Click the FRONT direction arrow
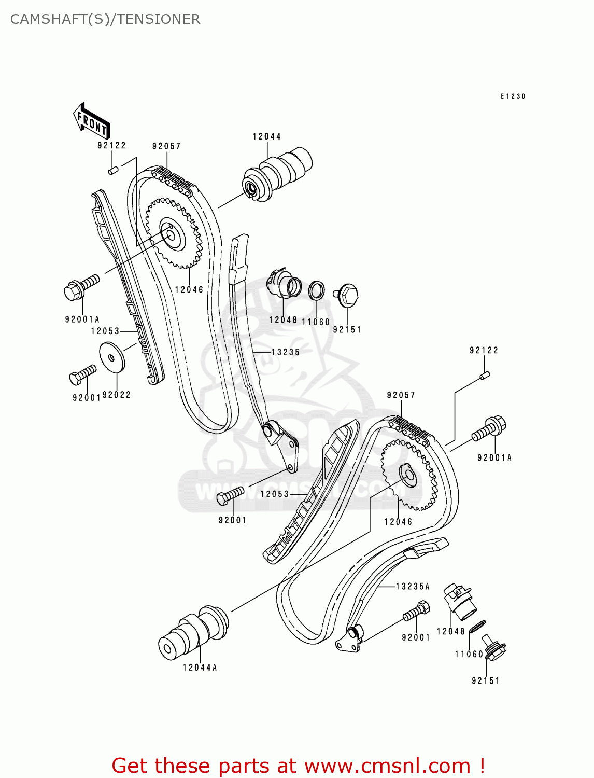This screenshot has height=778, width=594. click(x=91, y=120)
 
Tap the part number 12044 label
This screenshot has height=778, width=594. click(x=267, y=136)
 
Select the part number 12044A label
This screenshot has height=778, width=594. click(x=200, y=668)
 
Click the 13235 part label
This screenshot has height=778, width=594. click(x=286, y=352)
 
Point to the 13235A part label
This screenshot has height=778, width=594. click(x=413, y=587)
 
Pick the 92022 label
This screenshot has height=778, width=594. click(x=117, y=395)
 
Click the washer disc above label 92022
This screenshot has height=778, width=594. click(x=112, y=357)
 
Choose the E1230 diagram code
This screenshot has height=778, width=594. click(x=513, y=96)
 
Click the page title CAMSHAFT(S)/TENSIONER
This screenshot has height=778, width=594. click(x=105, y=19)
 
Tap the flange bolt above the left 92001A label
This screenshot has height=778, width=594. click(x=80, y=288)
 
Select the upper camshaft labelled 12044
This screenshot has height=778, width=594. click(x=278, y=174)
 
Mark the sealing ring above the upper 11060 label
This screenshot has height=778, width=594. click(x=317, y=290)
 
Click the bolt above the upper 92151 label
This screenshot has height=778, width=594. click(x=348, y=295)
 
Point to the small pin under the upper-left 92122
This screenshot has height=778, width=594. click(x=114, y=169)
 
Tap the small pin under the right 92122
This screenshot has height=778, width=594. click(x=485, y=375)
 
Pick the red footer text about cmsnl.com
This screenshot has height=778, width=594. click(x=299, y=766)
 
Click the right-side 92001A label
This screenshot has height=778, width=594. click(x=494, y=457)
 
